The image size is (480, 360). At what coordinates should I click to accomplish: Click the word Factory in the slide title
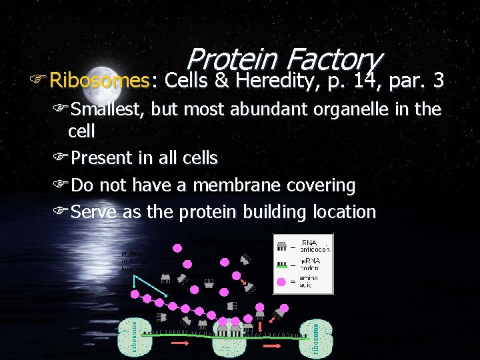click(334, 60)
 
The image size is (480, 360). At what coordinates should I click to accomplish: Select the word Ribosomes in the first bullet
click(99, 81)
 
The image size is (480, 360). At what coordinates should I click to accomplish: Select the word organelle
click(339, 109)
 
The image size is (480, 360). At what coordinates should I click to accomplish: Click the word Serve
click(95, 212)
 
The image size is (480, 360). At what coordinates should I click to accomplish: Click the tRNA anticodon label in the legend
click(314, 245)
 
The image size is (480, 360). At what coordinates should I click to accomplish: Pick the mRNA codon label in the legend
click(313, 263)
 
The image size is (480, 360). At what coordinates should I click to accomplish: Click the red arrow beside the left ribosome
click(179, 343)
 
